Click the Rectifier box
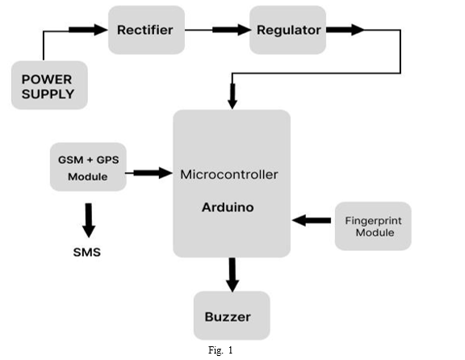(x=146, y=30)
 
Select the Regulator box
(x=287, y=30)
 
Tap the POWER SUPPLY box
(x=49, y=86)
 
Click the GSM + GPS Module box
(x=88, y=167)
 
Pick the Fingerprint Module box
(x=373, y=226)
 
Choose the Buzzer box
(x=232, y=316)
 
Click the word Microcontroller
(x=229, y=174)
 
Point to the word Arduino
(x=228, y=207)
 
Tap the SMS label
(x=87, y=252)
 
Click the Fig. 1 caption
(x=220, y=350)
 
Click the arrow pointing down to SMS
(x=89, y=220)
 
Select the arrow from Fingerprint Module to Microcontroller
(x=312, y=220)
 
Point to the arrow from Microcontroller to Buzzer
(x=232, y=275)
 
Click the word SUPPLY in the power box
(x=48, y=94)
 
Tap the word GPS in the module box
(x=107, y=160)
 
